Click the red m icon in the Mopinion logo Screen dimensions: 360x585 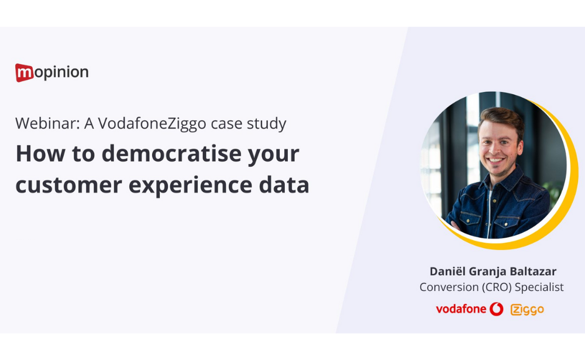(24, 73)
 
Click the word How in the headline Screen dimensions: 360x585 (38, 154)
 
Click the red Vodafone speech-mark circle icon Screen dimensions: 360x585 (497, 309)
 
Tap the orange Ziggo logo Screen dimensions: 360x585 (527, 309)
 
